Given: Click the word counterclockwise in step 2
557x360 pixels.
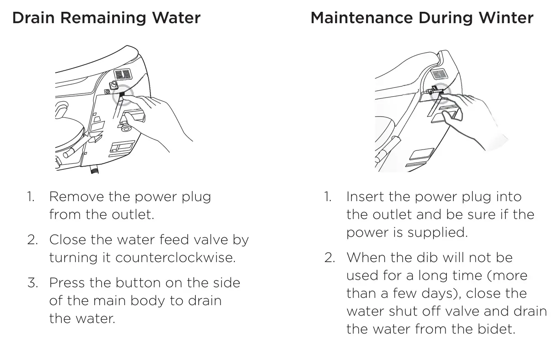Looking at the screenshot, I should (x=175, y=258).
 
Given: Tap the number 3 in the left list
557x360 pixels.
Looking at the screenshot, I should (x=32, y=283).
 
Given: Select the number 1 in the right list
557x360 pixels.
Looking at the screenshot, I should (x=327, y=197).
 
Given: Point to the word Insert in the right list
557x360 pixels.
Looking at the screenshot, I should (x=365, y=197).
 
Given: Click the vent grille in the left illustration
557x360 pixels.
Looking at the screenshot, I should (x=122, y=75).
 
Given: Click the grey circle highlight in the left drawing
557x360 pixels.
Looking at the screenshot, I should (x=122, y=95).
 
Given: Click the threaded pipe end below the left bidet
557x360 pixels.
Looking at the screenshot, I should (x=95, y=169).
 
